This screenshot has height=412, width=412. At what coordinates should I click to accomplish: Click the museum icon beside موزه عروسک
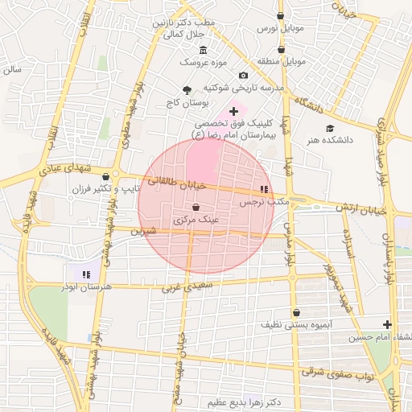pyautogui.click(x=201, y=49)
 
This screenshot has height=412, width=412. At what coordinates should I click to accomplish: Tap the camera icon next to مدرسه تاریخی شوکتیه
pyautogui.click(x=243, y=76)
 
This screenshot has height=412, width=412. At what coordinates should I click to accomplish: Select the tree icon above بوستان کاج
pyautogui.click(x=187, y=90)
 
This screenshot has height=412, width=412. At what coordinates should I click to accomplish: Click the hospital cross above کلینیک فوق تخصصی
pyautogui.click(x=233, y=110)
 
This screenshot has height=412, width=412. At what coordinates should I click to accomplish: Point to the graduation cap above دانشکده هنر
pyautogui.click(x=329, y=128)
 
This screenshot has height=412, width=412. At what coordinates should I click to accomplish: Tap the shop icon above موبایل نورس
pyautogui.click(x=280, y=15)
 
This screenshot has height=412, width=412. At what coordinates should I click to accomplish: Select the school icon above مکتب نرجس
pyautogui.click(x=262, y=189)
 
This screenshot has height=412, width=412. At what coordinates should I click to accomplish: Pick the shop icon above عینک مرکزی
pyautogui.click(x=196, y=208)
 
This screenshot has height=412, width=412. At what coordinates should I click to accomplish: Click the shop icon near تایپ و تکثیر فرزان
pyautogui.click(x=117, y=175)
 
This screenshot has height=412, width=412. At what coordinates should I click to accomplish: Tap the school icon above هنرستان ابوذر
pyautogui.click(x=86, y=274)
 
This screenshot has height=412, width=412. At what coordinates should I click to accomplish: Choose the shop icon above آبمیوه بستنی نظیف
pyautogui.click(x=297, y=312)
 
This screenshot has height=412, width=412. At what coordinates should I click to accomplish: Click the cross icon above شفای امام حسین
pyautogui.click(x=389, y=324)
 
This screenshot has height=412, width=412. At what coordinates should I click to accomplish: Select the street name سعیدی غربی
pyautogui.click(x=189, y=285)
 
